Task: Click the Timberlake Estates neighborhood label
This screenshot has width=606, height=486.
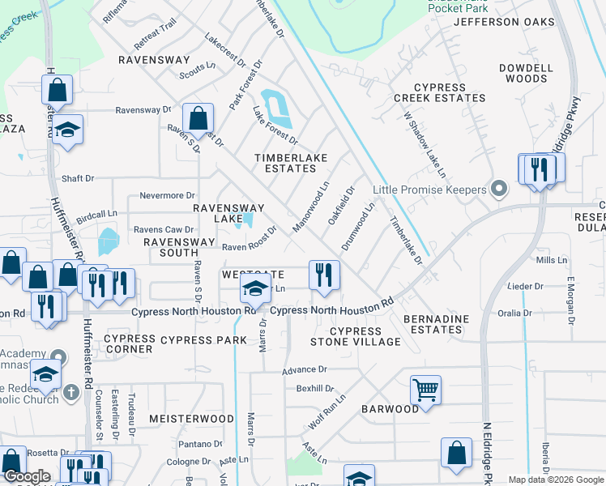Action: pyautogui.click(x=284, y=162)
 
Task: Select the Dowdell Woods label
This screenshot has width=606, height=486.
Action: pyautogui.click(x=526, y=74)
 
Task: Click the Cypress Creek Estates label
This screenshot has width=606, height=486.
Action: pyautogui.click(x=450, y=92)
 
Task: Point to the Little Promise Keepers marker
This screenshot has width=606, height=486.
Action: pyautogui.click(x=499, y=190)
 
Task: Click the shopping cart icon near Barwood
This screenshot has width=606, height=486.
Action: pyautogui.click(x=425, y=390)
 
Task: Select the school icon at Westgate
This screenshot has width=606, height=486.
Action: pyautogui.click(x=256, y=288)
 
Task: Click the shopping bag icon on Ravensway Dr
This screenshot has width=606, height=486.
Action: pyautogui.click(x=198, y=119)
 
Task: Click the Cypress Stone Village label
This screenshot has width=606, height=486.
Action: pyautogui.click(x=355, y=336)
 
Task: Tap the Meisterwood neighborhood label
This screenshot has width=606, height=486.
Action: pyautogui.click(x=191, y=419)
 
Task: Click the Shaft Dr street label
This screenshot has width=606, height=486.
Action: pyautogui.click(x=78, y=178)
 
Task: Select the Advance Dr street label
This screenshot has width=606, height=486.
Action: pyautogui.click(x=304, y=369)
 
